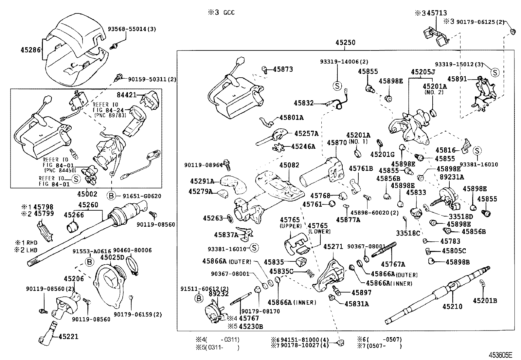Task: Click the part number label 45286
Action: point(30,50)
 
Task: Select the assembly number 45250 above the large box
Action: point(345,43)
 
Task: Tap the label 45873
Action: point(283,69)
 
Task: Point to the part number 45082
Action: point(289,165)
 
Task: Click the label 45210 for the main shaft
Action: point(453,307)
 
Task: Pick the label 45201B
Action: point(485,300)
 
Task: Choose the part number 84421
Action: point(127,95)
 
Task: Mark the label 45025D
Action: point(112,257)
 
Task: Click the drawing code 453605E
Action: point(500,355)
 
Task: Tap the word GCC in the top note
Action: point(229,13)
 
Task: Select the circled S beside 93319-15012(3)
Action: point(495,72)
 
